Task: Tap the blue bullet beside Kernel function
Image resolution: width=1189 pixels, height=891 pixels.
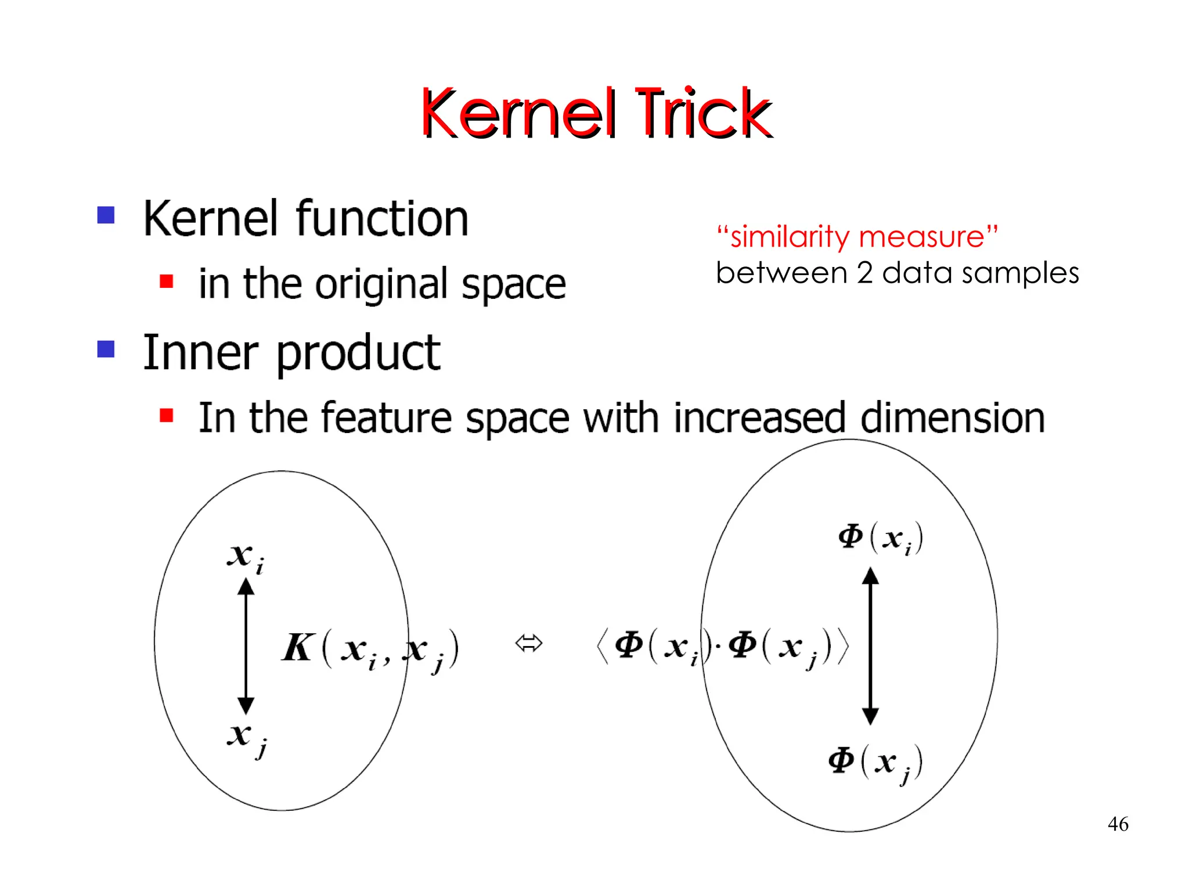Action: (106, 215)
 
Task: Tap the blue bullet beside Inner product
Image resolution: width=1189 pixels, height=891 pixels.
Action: (106, 349)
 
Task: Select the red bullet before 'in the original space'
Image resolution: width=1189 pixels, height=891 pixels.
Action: (167, 282)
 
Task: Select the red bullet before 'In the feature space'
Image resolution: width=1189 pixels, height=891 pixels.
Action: (167, 415)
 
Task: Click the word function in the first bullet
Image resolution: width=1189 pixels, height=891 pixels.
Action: (381, 219)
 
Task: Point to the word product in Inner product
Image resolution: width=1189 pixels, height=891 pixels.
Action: (358, 353)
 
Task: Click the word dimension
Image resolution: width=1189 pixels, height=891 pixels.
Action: (952, 418)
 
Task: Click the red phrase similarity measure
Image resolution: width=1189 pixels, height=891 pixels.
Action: (857, 237)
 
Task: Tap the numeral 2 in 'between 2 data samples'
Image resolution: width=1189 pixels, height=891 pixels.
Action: (864, 273)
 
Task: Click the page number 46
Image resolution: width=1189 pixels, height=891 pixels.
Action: (1118, 824)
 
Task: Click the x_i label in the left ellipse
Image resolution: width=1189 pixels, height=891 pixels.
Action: (244, 557)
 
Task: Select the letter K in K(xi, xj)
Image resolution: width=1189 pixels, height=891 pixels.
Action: (298, 647)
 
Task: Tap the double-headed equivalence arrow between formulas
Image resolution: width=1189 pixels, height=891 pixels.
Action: (528, 643)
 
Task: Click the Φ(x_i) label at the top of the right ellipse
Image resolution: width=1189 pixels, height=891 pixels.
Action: (879, 538)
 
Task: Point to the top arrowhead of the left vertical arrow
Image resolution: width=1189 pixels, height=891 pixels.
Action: (246, 587)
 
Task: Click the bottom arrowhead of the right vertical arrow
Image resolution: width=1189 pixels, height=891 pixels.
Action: (870, 716)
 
